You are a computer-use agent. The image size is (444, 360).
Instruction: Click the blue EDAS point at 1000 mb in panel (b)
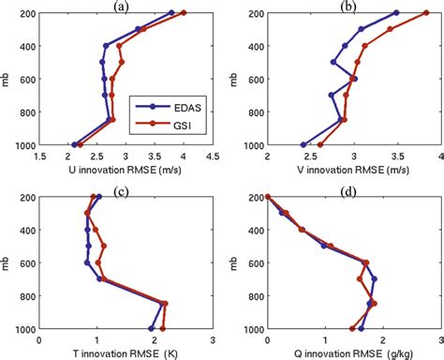tap(303, 144)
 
